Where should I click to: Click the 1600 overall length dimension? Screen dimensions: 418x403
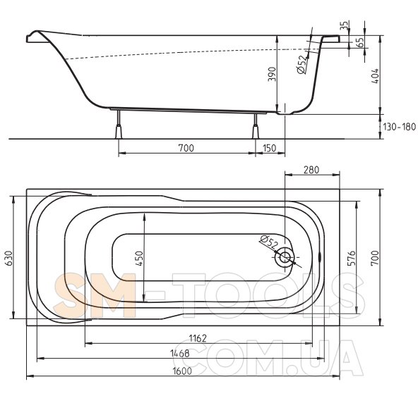(182, 371)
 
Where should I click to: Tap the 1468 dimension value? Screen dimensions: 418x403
(179, 353)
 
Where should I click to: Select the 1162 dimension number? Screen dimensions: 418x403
(198, 338)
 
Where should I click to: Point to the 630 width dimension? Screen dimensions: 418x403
(8, 258)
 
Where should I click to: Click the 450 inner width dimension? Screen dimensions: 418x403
(139, 259)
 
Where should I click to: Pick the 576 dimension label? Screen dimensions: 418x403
(352, 258)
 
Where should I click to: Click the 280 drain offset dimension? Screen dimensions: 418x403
(311, 170)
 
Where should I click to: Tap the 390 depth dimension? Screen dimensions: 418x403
(272, 74)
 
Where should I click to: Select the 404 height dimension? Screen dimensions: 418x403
(375, 76)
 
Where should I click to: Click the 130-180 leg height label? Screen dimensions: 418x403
(400, 127)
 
